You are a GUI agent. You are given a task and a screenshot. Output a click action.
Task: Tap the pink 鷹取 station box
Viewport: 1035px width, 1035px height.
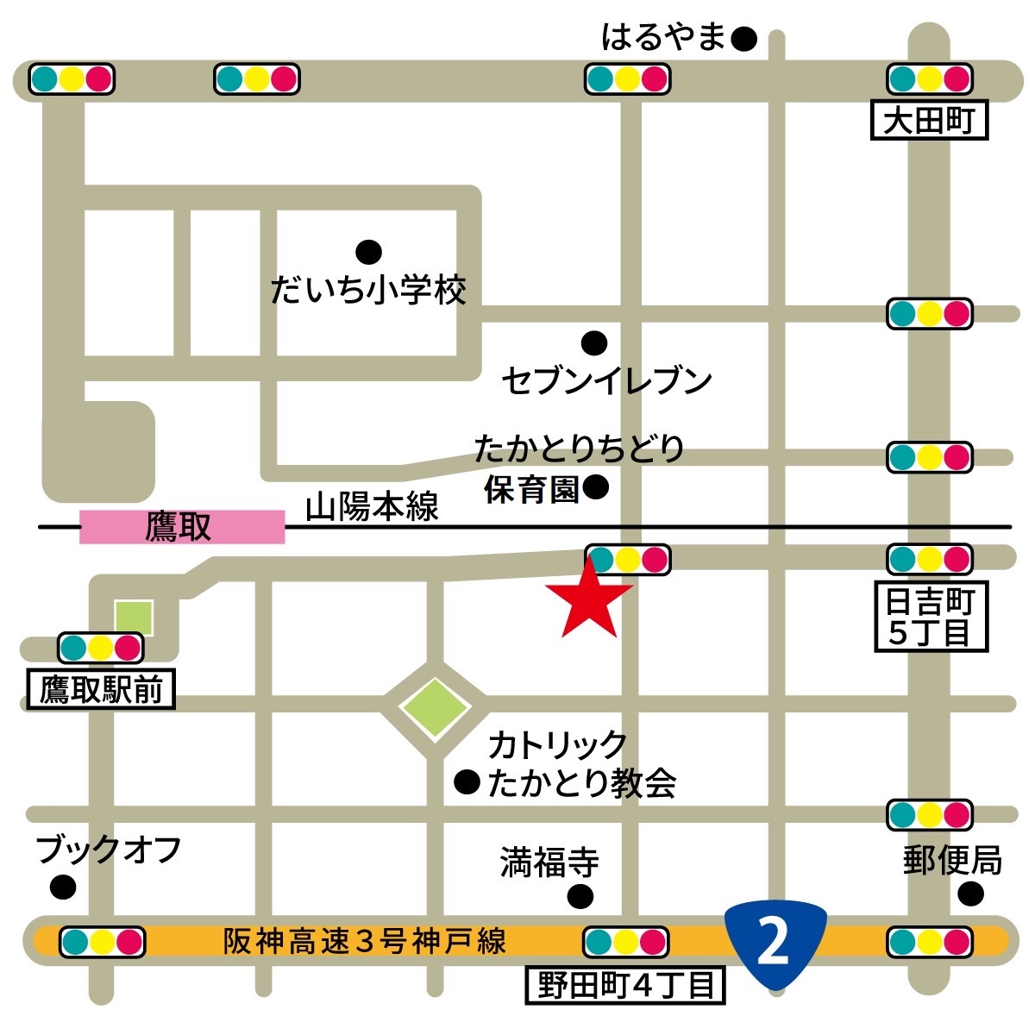pyautogui.click(x=182, y=527)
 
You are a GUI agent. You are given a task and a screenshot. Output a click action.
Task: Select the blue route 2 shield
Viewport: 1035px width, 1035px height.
pyautogui.click(x=775, y=943)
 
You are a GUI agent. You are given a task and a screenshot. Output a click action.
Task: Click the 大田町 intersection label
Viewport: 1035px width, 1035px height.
pyautogui.click(x=928, y=121)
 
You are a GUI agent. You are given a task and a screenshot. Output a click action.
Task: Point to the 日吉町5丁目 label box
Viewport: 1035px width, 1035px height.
pyautogui.click(x=931, y=617)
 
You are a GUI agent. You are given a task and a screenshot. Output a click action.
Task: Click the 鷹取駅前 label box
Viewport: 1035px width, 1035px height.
pyautogui.click(x=101, y=689)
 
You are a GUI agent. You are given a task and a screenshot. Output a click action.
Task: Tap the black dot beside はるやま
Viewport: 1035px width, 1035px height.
pyautogui.click(x=743, y=39)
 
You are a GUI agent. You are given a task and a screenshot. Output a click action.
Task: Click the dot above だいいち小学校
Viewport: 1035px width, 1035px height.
pyautogui.click(x=368, y=252)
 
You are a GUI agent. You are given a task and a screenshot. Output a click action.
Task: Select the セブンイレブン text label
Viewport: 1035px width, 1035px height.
pyautogui.click(x=607, y=380)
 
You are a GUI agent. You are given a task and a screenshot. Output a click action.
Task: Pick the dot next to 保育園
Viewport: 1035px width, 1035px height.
pyautogui.click(x=595, y=488)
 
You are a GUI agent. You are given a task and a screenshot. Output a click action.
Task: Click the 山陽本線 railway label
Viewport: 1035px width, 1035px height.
pyautogui.click(x=373, y=507)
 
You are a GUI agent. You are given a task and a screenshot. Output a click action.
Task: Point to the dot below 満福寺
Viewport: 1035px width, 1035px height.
pyautogui.click(x=580, y=897)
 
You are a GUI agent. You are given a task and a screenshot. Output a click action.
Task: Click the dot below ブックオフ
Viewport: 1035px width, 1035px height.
pyautogui.click(x=62, y=886)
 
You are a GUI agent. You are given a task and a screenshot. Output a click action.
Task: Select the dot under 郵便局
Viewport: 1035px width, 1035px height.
pyautogui.click(x=970, y=893)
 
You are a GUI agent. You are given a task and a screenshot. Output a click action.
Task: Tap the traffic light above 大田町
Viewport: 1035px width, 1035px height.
pyautogui.click(x=930, y=79)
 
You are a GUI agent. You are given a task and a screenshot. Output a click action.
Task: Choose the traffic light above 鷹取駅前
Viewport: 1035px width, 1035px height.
pyautogui.click(x=100, y=647)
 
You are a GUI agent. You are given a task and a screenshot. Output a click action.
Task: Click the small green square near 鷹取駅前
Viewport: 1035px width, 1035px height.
pyautogui.click(x=135, y=618)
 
